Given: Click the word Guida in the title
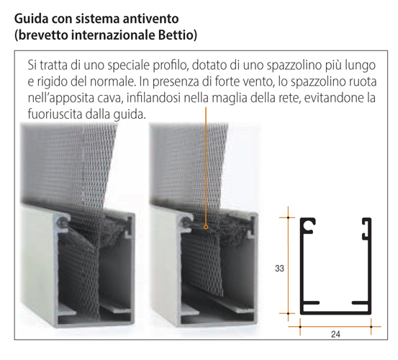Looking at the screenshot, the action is point(31,19).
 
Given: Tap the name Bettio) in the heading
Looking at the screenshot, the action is point(178,35).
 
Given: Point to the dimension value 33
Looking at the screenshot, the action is point(279,269).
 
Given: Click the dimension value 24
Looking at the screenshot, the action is point(335,334).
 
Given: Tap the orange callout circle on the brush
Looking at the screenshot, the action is point(206,227).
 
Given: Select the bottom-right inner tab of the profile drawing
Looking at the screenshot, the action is point(360,302).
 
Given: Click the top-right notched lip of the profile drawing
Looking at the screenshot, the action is point(366,228).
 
